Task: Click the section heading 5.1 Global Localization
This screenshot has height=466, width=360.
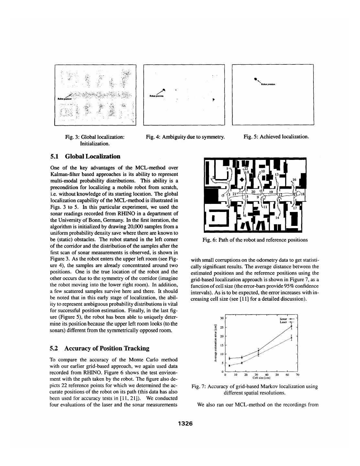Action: point(85,157)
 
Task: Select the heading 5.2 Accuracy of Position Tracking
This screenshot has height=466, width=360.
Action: point(100,349)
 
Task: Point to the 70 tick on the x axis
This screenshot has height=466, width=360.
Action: point(297,375)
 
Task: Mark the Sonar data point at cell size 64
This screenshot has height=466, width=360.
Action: point(291,327)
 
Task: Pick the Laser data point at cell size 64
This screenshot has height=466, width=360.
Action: point(291,338)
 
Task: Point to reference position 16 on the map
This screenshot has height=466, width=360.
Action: point(294,180)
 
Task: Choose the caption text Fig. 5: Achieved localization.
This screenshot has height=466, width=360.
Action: point(276,137)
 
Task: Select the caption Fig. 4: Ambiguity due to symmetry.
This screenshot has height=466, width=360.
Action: point(185,137)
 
